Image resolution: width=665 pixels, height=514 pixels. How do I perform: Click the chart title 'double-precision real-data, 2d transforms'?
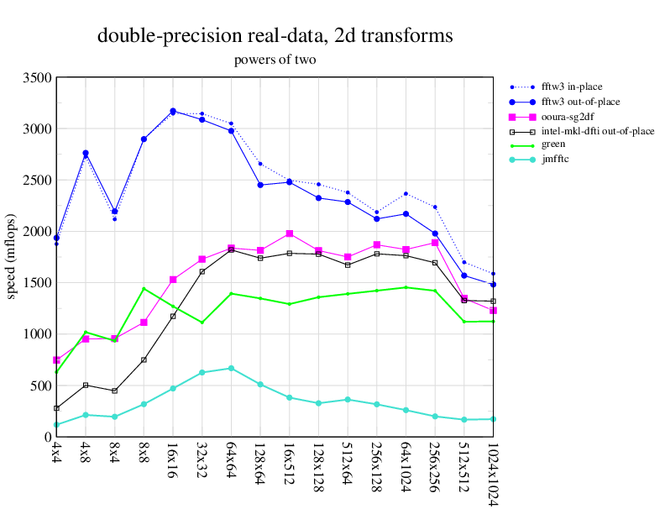275,36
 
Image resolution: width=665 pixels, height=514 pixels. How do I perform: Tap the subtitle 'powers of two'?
275,60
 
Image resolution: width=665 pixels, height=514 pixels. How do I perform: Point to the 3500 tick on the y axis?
37,78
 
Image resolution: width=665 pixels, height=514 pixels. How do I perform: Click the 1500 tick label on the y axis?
37,283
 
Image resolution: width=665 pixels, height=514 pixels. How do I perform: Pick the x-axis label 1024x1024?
493,475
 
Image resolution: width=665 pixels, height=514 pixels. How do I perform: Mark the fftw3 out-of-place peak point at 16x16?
173,111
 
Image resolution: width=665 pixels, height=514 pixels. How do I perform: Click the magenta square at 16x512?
290,233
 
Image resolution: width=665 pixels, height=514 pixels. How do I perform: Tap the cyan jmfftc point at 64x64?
231,368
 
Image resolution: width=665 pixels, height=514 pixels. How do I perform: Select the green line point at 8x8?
144,289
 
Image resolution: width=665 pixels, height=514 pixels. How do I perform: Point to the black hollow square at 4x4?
56,408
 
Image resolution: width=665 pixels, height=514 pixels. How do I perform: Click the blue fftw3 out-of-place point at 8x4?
114,212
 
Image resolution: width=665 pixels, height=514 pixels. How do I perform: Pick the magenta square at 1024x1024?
493,311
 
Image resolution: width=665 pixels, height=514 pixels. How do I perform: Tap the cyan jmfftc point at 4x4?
56,425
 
